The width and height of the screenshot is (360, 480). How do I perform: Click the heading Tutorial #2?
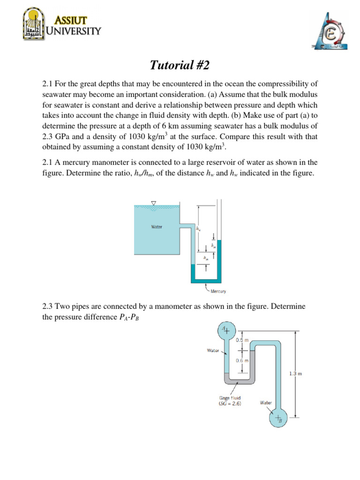coord(180,64)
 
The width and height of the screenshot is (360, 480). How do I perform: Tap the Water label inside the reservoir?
coord(157,227)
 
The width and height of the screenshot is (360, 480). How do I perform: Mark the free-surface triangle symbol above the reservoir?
coord(153,202)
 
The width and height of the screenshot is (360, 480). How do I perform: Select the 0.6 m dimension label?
coord(242,360)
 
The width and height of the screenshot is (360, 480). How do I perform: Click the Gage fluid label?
coord(230,398)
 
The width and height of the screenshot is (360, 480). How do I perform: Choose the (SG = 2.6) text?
coord(230,404)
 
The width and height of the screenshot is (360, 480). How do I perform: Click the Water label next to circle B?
coord(266,402)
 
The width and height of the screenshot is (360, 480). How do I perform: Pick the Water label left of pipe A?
coord(213,350)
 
